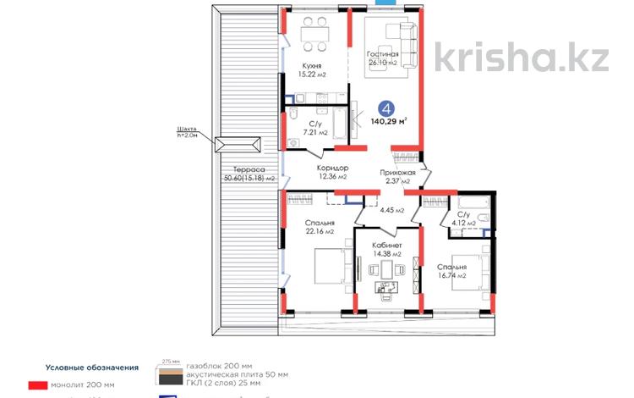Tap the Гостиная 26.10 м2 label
tap(382, 58)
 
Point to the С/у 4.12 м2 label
tap(466, 218)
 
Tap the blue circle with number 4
tap(386, 108)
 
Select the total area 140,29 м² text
tap(389, 121)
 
